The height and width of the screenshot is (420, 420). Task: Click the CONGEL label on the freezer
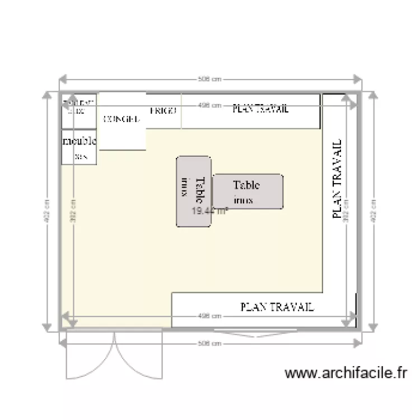pyautogui.click(x=121, y=119)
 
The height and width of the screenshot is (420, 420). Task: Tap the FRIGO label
pyautogui.click(x=164, y=111)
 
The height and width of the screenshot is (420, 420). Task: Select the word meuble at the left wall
pyautogui.click(x=80, y=141)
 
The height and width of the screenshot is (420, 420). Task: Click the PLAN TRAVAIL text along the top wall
pyautogui.click(x=260, y=109)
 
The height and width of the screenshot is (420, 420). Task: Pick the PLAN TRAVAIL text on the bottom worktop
pyautogui.click(x=277, y=307)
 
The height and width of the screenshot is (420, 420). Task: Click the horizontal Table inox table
pyautogui.click(x=248, y=191)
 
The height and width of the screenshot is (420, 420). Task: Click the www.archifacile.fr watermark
pyautogui.click(x=346, y=374)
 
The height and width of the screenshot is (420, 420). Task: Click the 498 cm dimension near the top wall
pyautogui.click(x=209, y=105)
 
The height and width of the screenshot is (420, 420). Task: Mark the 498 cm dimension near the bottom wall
pyautogui.click(x=209, y=316)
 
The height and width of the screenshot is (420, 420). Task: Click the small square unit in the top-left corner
pyautogui.click(x=79, y=108)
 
